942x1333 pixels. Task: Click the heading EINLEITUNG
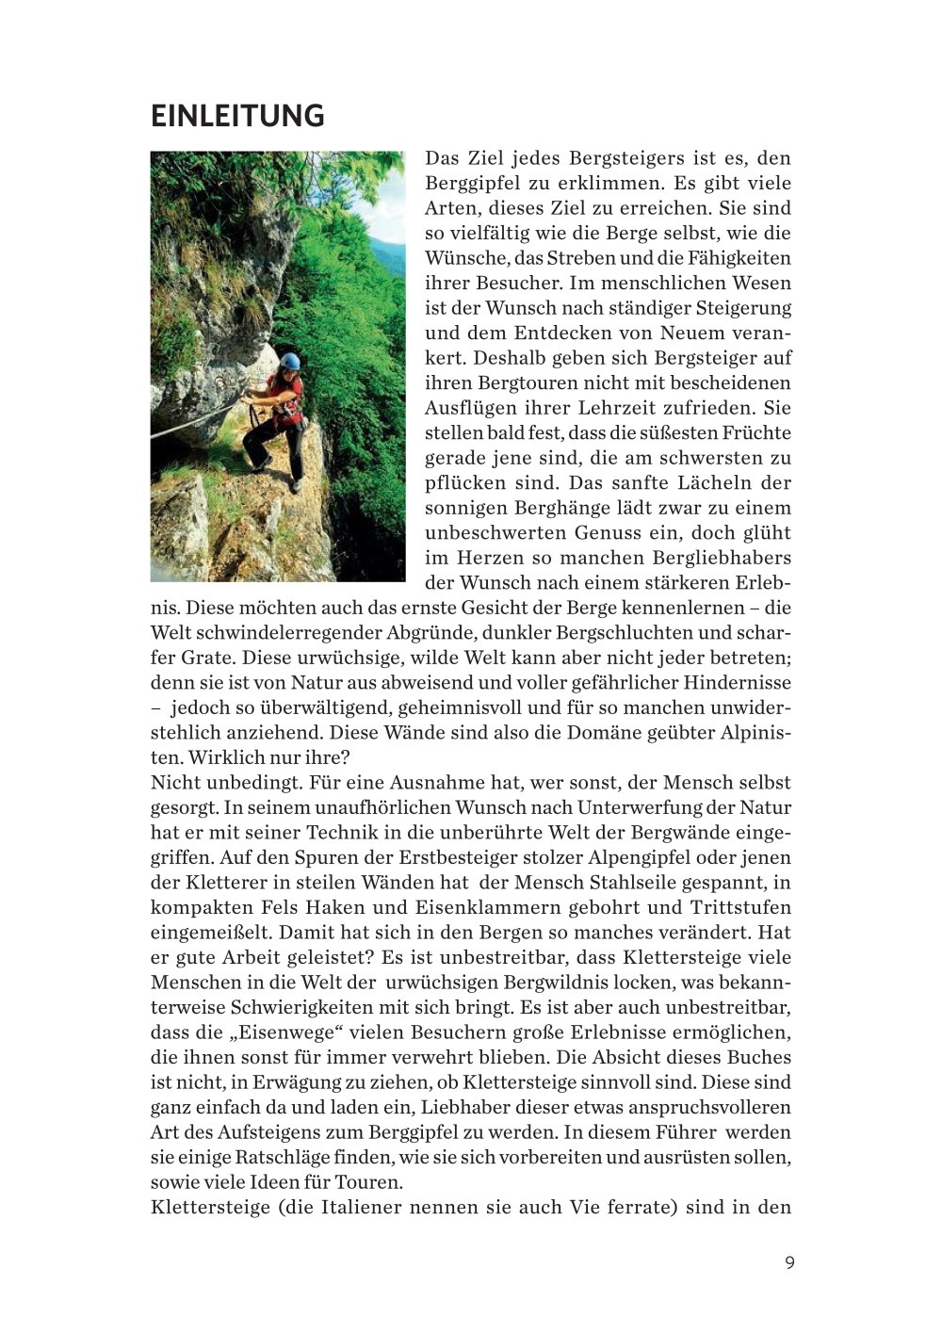(x=237, y=116)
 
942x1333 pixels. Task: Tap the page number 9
(x=789, y=1262)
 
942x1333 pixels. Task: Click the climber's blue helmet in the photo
(x=289, y=361)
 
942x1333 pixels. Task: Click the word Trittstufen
(x=741, y=908)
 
